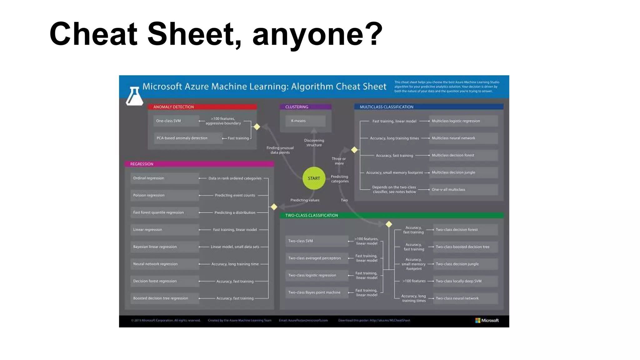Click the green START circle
pyautogui.click(x=314, y=178)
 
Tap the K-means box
pyautogui.click(x=305, y=121)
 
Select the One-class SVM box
pyautogui.click(x=176, y=121)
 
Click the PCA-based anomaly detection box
pyautogui.click(x=188, y=138)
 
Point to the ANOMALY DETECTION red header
pyautogui.click(x=202, y=107)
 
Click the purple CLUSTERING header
pyautogui.click(x=305, y=107)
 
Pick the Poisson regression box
pyautogui.click(x=164, y=195)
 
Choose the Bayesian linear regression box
pyautogui.click(x=164, y=247)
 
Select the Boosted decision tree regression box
pyautogui.click(x=164, y=298)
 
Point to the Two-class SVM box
pyautogui.click(x=317, y=241)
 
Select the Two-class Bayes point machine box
pyautogui.click(x=317, y=292)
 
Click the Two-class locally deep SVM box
pyautogui.click(x=465, y=281)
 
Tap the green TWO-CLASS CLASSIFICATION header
pyautogui.click(x=392, y=215)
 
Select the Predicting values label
pyautogui.click(x=305, y=200)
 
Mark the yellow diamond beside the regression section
pyautogui.click(x=274, y=207)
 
